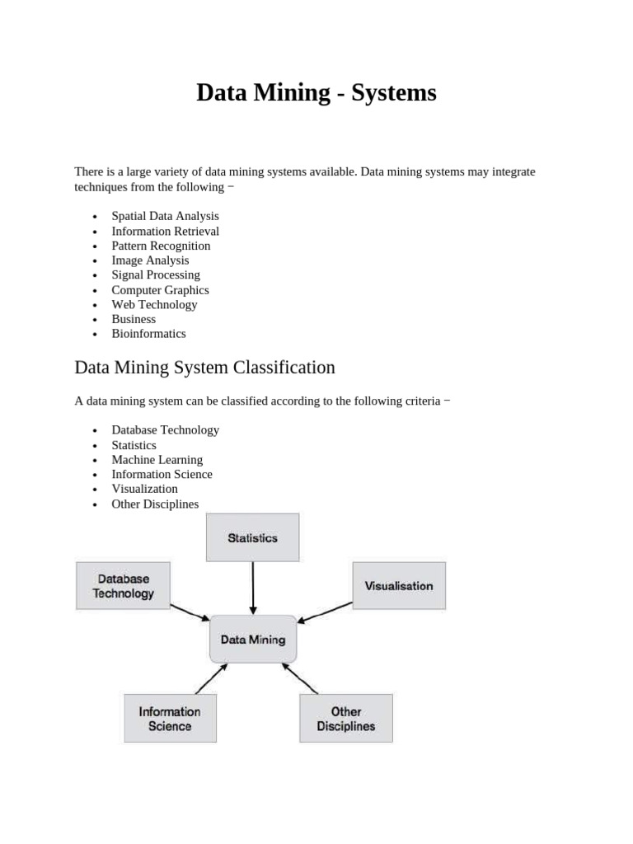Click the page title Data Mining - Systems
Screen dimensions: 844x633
316,93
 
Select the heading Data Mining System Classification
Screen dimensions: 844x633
204,367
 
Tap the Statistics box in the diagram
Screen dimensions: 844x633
252,537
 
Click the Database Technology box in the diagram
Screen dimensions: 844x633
124,586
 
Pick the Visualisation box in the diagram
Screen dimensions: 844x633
399,585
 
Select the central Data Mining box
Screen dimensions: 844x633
253,639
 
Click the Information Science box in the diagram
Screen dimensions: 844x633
170,718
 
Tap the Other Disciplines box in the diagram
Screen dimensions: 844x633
346,718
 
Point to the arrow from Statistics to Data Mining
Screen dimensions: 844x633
253,587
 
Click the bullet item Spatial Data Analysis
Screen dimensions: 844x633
165,216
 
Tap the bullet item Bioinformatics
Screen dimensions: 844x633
148,334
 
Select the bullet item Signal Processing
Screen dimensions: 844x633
156,274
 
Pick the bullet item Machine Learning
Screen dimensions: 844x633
157,459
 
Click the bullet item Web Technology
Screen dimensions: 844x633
154,304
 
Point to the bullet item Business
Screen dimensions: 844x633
134,319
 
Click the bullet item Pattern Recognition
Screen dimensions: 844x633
161,246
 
